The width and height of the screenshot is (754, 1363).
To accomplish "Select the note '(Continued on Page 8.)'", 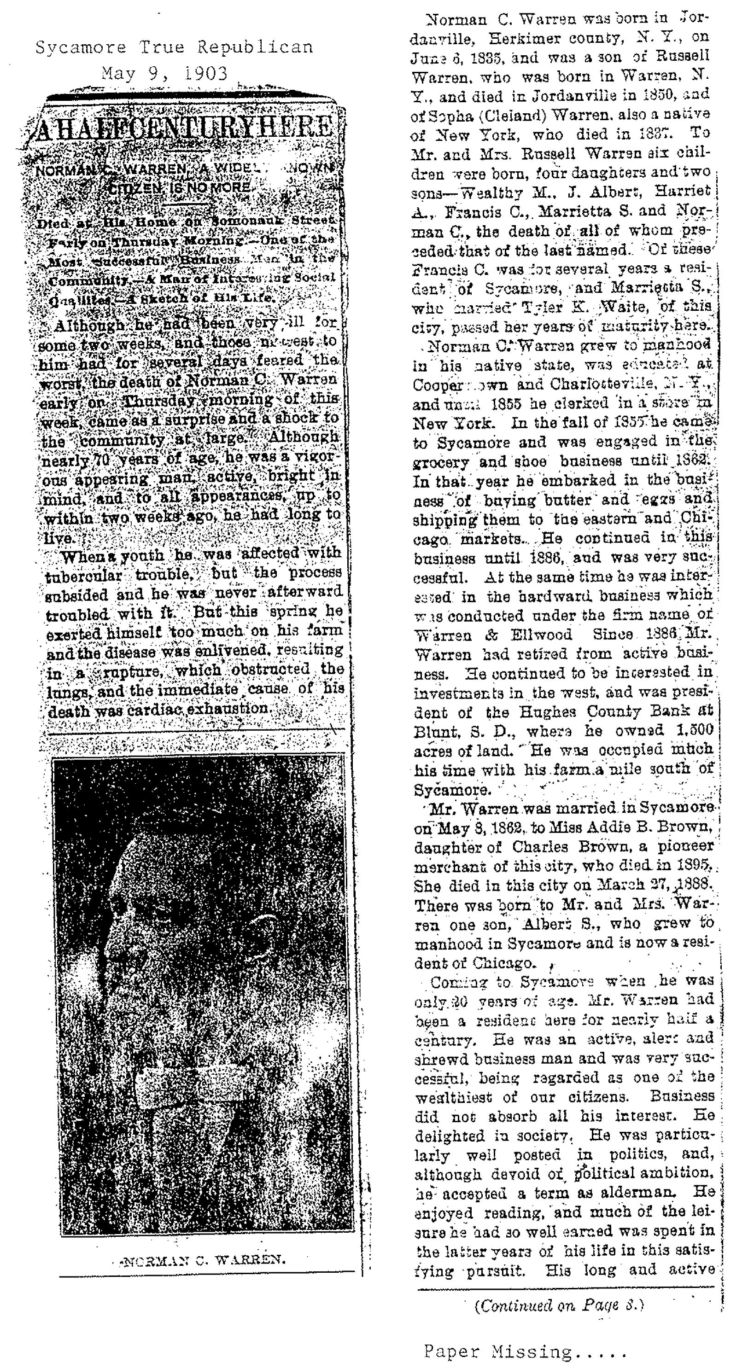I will (x=559, y=1305).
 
